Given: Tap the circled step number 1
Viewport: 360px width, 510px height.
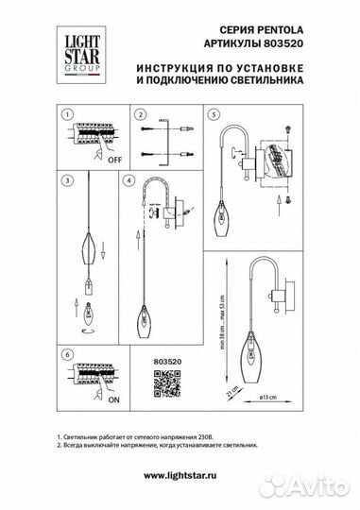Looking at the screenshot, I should click(66, 115).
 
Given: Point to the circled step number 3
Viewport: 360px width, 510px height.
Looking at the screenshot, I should click(66, 178).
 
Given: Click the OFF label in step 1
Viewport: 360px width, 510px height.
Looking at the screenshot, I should click(116, 161).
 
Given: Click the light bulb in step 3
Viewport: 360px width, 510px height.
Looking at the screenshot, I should click(91, 309).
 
